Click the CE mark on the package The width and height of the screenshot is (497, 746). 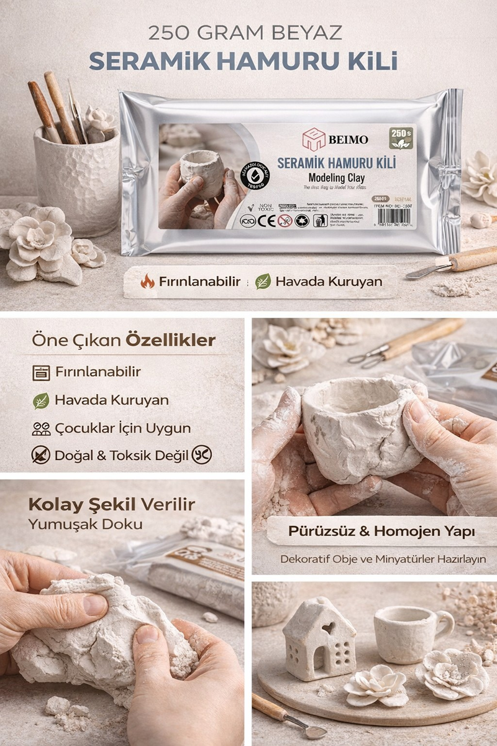tap(265, 220)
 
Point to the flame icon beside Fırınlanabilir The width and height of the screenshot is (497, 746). tap(148, 282)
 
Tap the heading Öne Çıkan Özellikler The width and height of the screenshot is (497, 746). tap(124, 340)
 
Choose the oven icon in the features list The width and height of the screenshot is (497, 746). tap(41, 372)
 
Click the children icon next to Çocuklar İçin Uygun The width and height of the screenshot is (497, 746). tap(41, 428)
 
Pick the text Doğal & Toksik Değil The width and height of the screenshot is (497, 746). tap(121, 456)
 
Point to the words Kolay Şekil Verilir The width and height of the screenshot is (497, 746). tap(112, 504)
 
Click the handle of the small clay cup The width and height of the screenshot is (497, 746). tap(444, 622)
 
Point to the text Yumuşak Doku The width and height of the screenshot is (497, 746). tap(85, 524)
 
